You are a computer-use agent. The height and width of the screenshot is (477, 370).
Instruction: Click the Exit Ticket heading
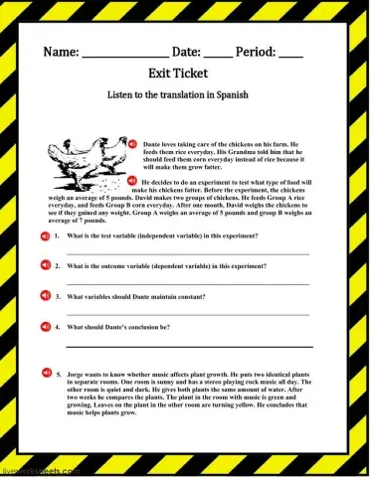[185, 74]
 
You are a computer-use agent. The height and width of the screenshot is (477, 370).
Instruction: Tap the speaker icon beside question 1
[45, 237]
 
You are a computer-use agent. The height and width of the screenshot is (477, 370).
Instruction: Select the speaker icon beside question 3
[45, 296]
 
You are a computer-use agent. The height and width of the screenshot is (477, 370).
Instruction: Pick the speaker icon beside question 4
[45, 326]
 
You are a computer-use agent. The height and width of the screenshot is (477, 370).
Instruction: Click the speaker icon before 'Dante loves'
[132, 145]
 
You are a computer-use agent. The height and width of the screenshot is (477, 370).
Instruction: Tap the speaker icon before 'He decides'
[132, 181]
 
